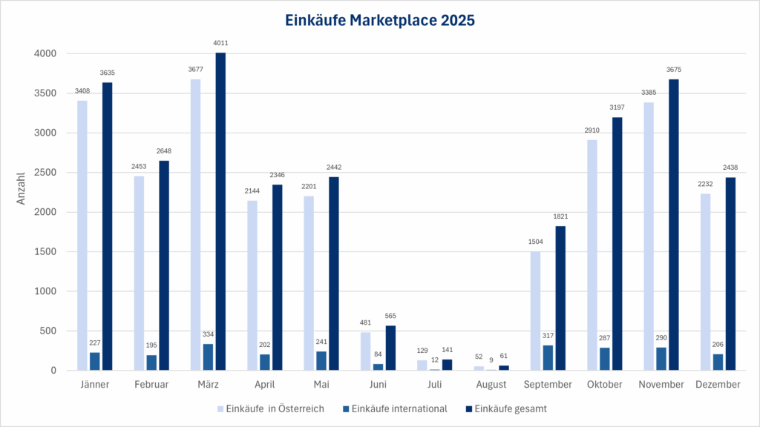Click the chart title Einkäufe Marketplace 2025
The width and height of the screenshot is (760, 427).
click(x=379, y=21)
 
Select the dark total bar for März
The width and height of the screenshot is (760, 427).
click(x=220, y=211)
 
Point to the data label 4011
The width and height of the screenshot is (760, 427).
click(x=220, y=44)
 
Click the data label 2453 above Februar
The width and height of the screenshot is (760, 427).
click(x=139, y=168)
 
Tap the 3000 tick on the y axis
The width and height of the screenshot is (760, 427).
click(x=45, y=133)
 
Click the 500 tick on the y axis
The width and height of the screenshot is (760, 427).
click(x=47, y=331)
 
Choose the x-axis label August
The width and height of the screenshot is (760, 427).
click(x=491, y=385)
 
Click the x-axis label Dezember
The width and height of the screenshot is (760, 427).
click(x=718, y=385)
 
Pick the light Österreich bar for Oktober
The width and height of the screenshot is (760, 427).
click(x=592, y=255)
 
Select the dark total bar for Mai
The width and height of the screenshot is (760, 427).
click(x=334, y=274)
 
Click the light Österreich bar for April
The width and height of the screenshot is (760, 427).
click(x=252, y=285)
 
